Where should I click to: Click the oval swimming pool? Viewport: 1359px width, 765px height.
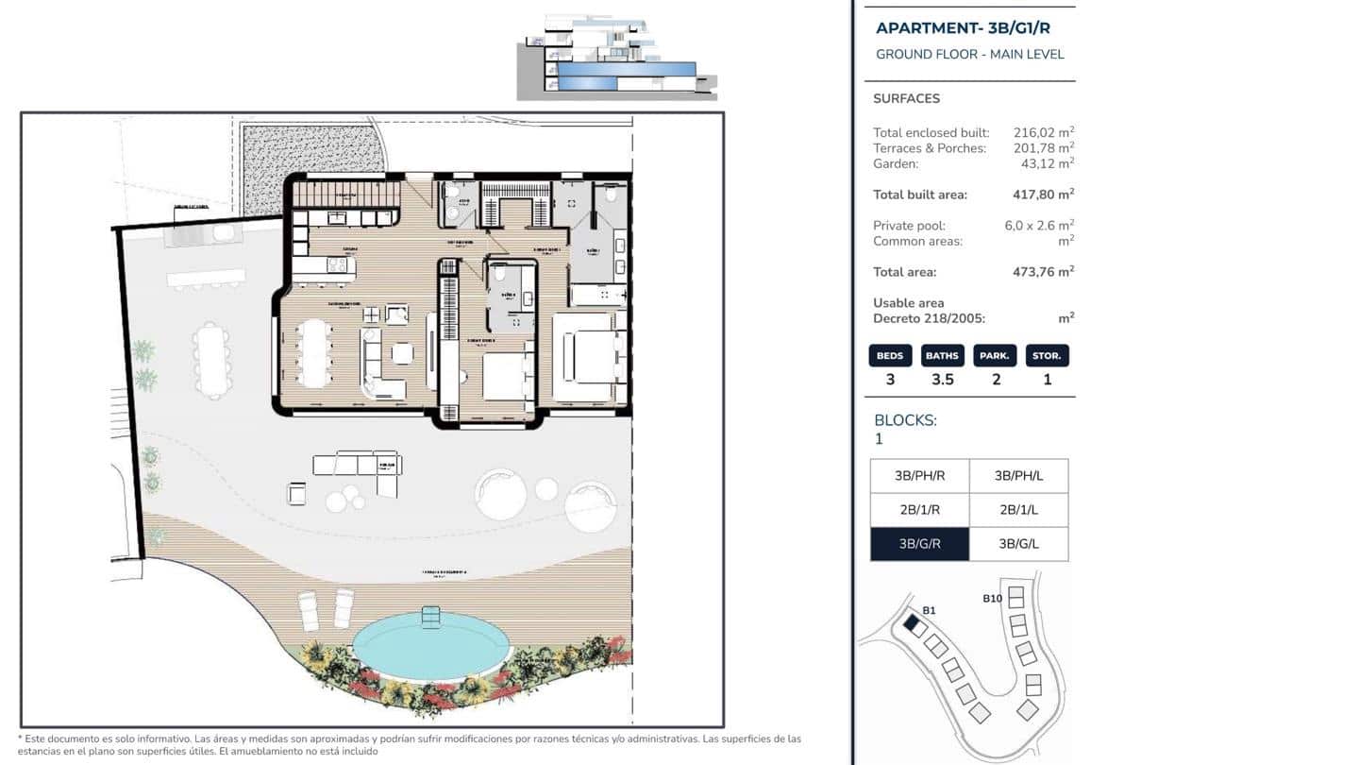430,647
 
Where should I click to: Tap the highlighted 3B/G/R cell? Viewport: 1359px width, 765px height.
919,544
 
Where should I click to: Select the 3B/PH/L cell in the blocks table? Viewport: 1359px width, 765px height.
1018,476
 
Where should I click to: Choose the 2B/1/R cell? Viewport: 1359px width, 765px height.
919,510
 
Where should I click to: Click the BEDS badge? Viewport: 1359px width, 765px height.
890,356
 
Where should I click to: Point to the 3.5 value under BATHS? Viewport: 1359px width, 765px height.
942,380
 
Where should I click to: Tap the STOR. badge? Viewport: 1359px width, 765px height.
1047,356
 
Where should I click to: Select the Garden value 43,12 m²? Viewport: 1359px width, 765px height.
1048,163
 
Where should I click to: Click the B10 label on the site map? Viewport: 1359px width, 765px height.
992,598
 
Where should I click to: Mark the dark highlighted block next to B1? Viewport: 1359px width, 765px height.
912,623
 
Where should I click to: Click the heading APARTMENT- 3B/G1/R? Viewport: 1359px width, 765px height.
963,27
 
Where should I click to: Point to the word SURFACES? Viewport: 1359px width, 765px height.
906,98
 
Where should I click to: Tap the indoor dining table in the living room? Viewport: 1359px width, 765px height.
314,351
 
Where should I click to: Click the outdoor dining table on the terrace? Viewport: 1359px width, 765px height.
211,360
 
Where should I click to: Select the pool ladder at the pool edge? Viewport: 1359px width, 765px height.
431,618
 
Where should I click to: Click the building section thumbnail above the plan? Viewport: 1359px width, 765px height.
617,58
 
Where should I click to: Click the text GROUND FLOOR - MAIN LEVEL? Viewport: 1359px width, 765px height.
969,54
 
